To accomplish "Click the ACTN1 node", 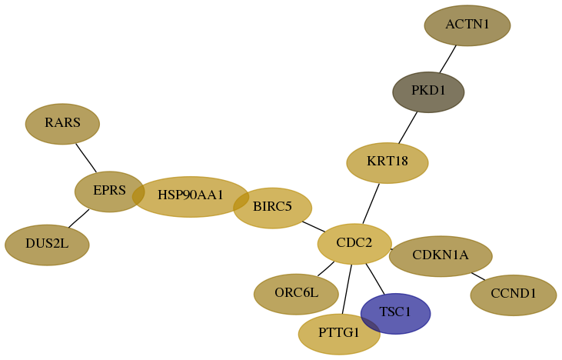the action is tap(467, 25).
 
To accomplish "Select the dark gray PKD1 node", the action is tap(428, 92).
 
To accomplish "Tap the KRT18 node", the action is tap(387, 163).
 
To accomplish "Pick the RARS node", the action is tap(62, 124).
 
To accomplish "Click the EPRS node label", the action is tap(109, 191).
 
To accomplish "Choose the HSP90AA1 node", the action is tap(191, 197).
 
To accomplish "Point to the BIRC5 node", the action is tap(272, 208).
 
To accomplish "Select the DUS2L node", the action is tap(47, 245).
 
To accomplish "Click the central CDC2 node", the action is tap(354, 244).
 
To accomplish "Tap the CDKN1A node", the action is tap(441, 256).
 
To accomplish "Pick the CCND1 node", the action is tap(514, 295).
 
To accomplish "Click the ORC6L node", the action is tap(296, 295).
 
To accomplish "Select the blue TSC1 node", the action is tap(396, 314).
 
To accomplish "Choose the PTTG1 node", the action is tap(339, 334).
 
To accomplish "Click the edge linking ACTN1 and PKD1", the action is tap(448, 59).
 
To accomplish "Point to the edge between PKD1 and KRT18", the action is tap(408, 128).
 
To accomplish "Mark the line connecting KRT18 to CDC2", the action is tap(371, 204).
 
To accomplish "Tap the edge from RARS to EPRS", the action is tap(86, 158).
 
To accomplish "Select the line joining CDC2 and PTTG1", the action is tap(347, 289).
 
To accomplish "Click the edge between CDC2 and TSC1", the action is tap(375, 279).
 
